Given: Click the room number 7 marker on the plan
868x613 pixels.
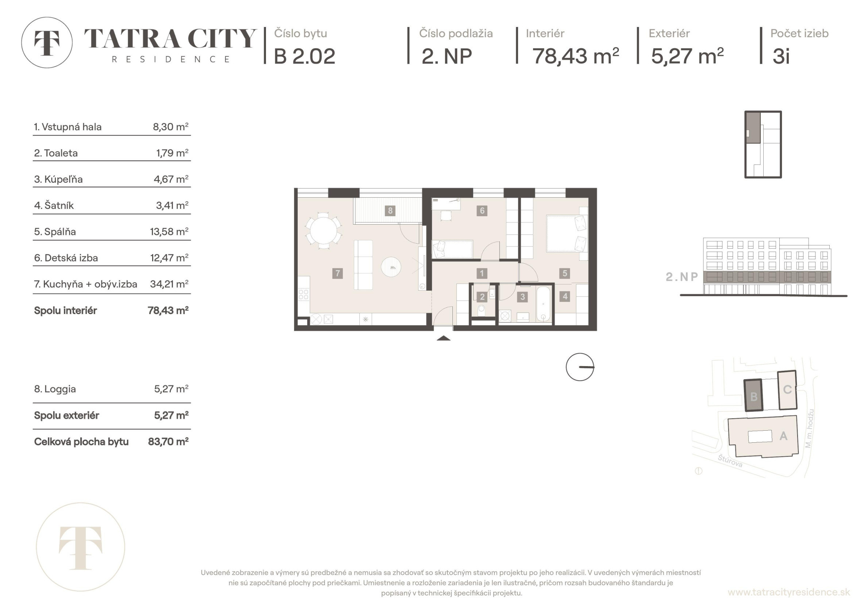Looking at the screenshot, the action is pyautogui.click(x=337, y=273).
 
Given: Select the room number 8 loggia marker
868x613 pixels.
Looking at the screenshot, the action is pyautogui.click(x=390, y=210).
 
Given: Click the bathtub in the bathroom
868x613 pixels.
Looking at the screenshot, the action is pyautogui.click(x=543, y=304).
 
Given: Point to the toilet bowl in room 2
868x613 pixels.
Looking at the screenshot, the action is pyautogui.click(x=482, y=311).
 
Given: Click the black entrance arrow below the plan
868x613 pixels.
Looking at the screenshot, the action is pyautogui.click(x=443, y=338).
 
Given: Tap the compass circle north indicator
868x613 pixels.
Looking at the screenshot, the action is pyautogui.click(x=580, y=367).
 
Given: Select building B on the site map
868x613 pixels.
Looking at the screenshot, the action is pyautogui.click(x=753, y=395).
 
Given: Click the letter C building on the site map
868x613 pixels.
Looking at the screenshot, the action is pyautogui.click(x=787, y=390).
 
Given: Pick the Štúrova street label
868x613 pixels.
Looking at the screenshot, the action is pyautogui.click(x=730, y=461).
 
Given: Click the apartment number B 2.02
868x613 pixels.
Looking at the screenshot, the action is pyautogui.click(x=305, y=56).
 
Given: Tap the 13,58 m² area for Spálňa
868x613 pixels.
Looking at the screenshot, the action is pyautogui.click(x=169, y=231).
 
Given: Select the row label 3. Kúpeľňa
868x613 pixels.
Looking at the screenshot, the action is pyautogui.click(x=58, y=179).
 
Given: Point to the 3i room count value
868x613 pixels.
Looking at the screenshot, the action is pyautogui.click(x=781, y=56).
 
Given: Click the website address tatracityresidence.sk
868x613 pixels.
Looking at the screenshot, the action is pyautogui.click(x=789, y=592).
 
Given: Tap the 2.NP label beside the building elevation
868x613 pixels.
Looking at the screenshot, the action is pyautogui.click(x=682, y=277).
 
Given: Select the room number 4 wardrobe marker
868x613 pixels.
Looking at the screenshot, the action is pyautogui.click(x=565, y=296).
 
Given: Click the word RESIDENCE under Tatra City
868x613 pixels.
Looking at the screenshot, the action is pyautogui.click(x=171, y=59).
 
